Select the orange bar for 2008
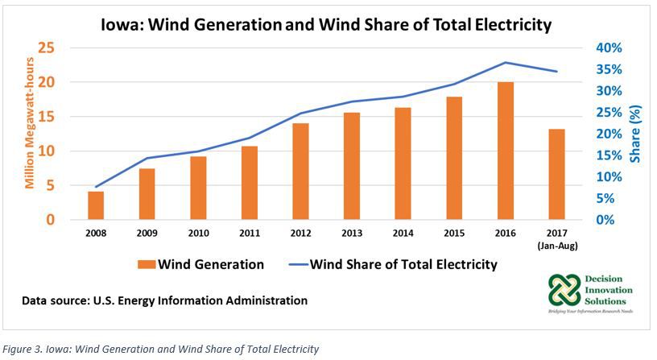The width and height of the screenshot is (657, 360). point(96,205)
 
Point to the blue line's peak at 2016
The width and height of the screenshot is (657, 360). point(505,62)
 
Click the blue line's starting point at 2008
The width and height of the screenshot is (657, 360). point(96,187)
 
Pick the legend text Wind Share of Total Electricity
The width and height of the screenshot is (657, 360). point(403,264)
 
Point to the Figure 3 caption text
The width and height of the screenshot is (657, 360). point(161,349)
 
